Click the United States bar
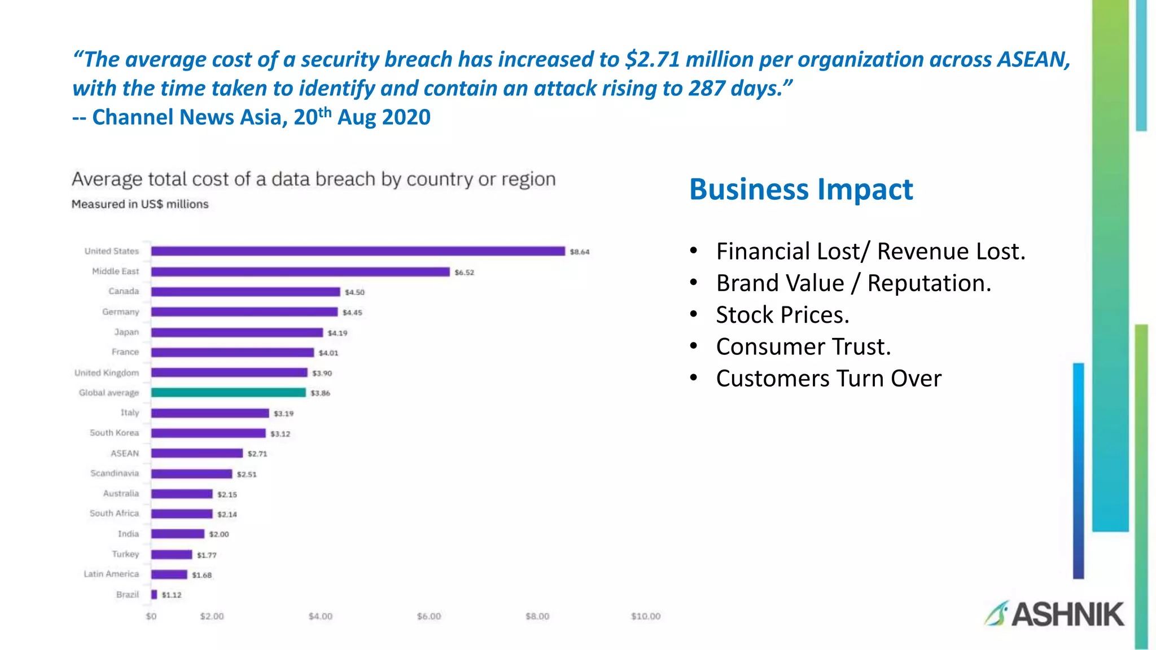pyautogui.click(x=358, y=251)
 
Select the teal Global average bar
pyautogui.click(x=228, y=393)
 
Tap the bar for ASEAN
pyautogui.click(x=196, y=453)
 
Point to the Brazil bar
pyautogui.click(x=154, y=594)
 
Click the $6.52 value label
pyautogui.click(x=465, y=273)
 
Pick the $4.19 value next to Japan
pyautogui.click(x=338, y=333)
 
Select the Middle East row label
pyautogui.click(x=115, y=271)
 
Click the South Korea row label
pyautogui.click(x=114, y=433)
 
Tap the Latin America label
pyautogui.click(x=111, y=574)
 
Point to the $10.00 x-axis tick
pyautogui.click(x=646, y=616)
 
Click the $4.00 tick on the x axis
pyautogui.click(x=320, y=616)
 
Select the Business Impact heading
pyautogui.click(x=801, y=190)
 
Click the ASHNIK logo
pyautogui.click(x=1054, y=614)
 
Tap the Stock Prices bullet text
pyautogui.click(x=782, y=315)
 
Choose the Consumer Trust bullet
pyautogui.click(x=803, y=346)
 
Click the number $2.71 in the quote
pyautogui.click(x=653, y=59)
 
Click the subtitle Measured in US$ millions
pyautogui.click(x=140, y=204)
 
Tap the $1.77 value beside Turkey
pyautogui.click(x=207, y=555)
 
